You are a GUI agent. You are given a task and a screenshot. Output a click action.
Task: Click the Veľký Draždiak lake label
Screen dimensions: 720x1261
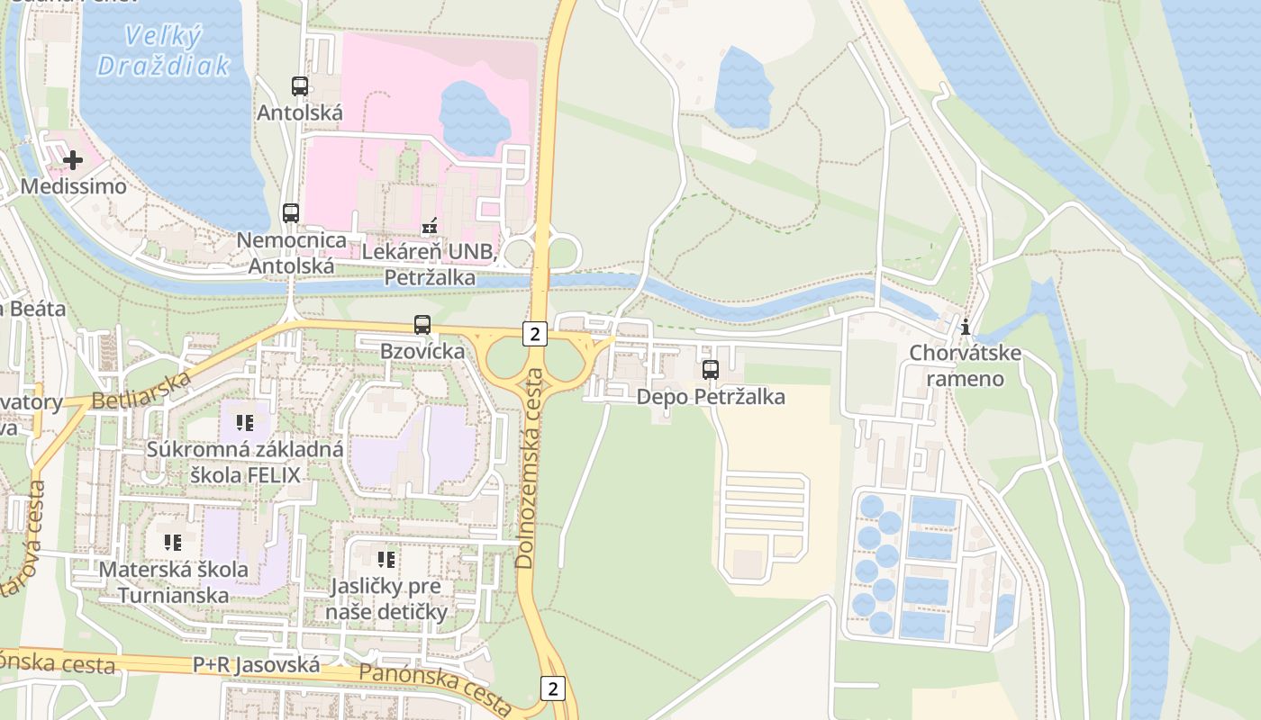coord(163,50)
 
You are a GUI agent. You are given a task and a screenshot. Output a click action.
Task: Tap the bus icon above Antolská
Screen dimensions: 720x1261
coord(300,86)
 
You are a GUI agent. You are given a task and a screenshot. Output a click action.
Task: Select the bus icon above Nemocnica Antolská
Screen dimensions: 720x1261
coord(290,213)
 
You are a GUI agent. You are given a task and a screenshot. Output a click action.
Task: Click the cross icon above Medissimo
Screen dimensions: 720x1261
coord(73,160)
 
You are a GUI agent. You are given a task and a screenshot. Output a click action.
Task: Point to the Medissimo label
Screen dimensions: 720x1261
coord(73,186)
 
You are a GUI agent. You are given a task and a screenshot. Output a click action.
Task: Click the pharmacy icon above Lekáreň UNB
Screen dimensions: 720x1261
coord(430,226)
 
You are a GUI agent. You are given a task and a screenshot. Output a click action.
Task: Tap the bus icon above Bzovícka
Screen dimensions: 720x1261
coord(422,325)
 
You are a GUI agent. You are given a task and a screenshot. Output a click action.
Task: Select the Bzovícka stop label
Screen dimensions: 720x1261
coord(422,351)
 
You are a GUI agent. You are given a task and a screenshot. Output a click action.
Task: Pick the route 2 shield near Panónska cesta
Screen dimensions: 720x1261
coord(553,688)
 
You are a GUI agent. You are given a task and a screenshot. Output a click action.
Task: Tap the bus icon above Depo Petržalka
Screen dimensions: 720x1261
coord(711,370)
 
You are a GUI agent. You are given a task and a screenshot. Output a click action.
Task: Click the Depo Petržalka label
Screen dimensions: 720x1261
coord(711,397)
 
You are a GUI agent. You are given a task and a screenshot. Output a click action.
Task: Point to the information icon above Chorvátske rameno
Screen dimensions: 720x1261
coord(966,327)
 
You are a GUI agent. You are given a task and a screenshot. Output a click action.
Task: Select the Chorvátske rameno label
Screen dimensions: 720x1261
coord(966,365)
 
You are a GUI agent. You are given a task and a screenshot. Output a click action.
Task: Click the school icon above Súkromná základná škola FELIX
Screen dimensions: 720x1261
coord(244,422)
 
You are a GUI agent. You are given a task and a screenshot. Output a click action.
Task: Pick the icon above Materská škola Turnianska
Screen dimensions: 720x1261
coord(173,543)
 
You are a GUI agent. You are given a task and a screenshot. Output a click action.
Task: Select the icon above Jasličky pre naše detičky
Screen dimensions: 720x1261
coord(386,560)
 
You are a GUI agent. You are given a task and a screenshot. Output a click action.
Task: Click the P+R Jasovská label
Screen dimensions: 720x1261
coord(256,665)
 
